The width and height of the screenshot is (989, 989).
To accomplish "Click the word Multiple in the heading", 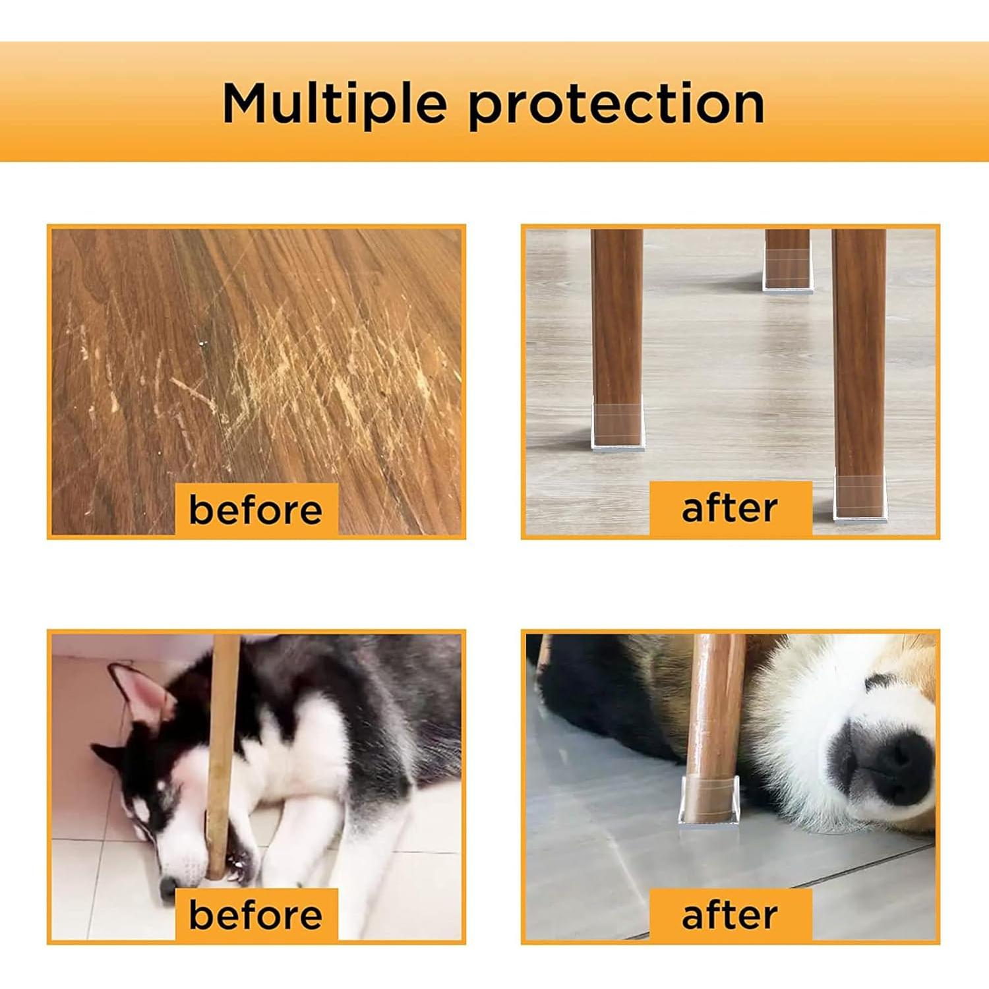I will pyautogui.click(x=334, y=104).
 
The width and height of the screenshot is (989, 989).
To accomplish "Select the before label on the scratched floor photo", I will pyautogui.click(x=256, y=510).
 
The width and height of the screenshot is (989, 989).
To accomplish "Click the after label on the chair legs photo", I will pyautogui.click(x=730, y=508).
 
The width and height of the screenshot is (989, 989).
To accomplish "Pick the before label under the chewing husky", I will pyautogui.click(x=256, y=915).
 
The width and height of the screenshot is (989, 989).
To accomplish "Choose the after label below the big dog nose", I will pyautogui.click(x=730, y=915).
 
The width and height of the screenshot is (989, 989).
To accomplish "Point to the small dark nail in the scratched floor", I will pyautogui.click(x=202, y=343).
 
